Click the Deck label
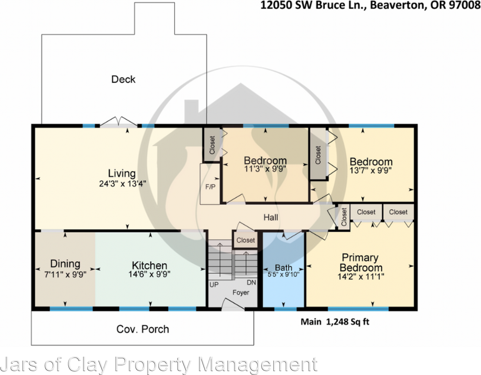123,79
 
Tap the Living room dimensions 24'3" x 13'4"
123,184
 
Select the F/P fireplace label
210,187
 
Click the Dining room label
65,264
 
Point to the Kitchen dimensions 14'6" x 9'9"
150,274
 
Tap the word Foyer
241,293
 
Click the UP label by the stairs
214,285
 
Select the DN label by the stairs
251,282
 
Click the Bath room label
283,268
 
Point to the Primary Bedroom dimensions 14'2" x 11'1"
361,277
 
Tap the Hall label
271,218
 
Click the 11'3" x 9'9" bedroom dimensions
265,169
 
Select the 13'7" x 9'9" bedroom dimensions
371,170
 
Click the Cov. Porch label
143,329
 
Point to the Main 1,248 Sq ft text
335,322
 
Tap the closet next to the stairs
246,240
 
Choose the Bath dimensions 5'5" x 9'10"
283,275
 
